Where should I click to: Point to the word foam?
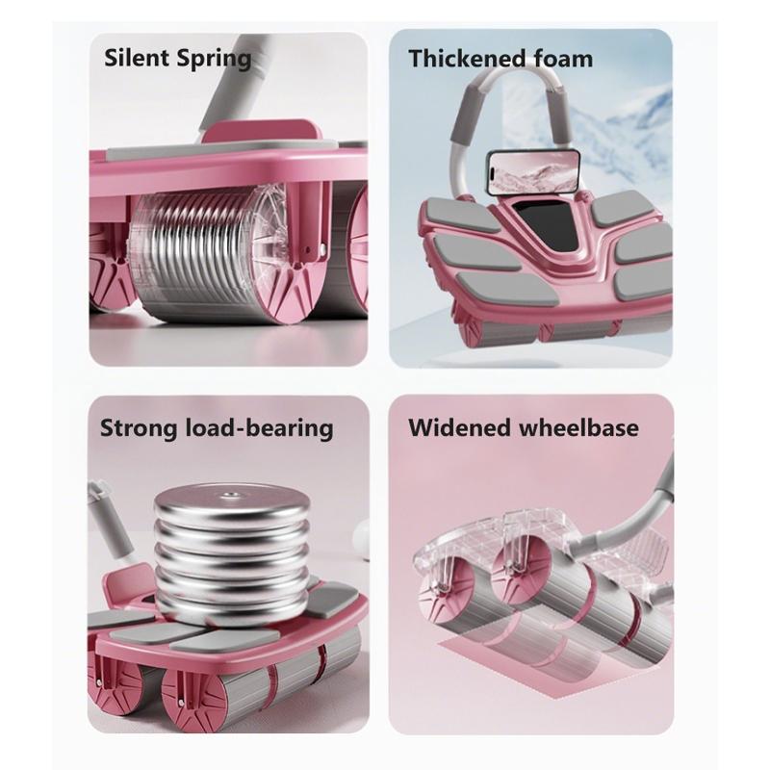click(x=562, y=58)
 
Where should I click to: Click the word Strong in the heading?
click(x=141, y=426)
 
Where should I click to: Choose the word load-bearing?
click(x=260, y=427)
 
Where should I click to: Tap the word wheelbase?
click(x=583, y=426)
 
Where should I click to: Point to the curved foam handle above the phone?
click(x=500, y=106)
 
